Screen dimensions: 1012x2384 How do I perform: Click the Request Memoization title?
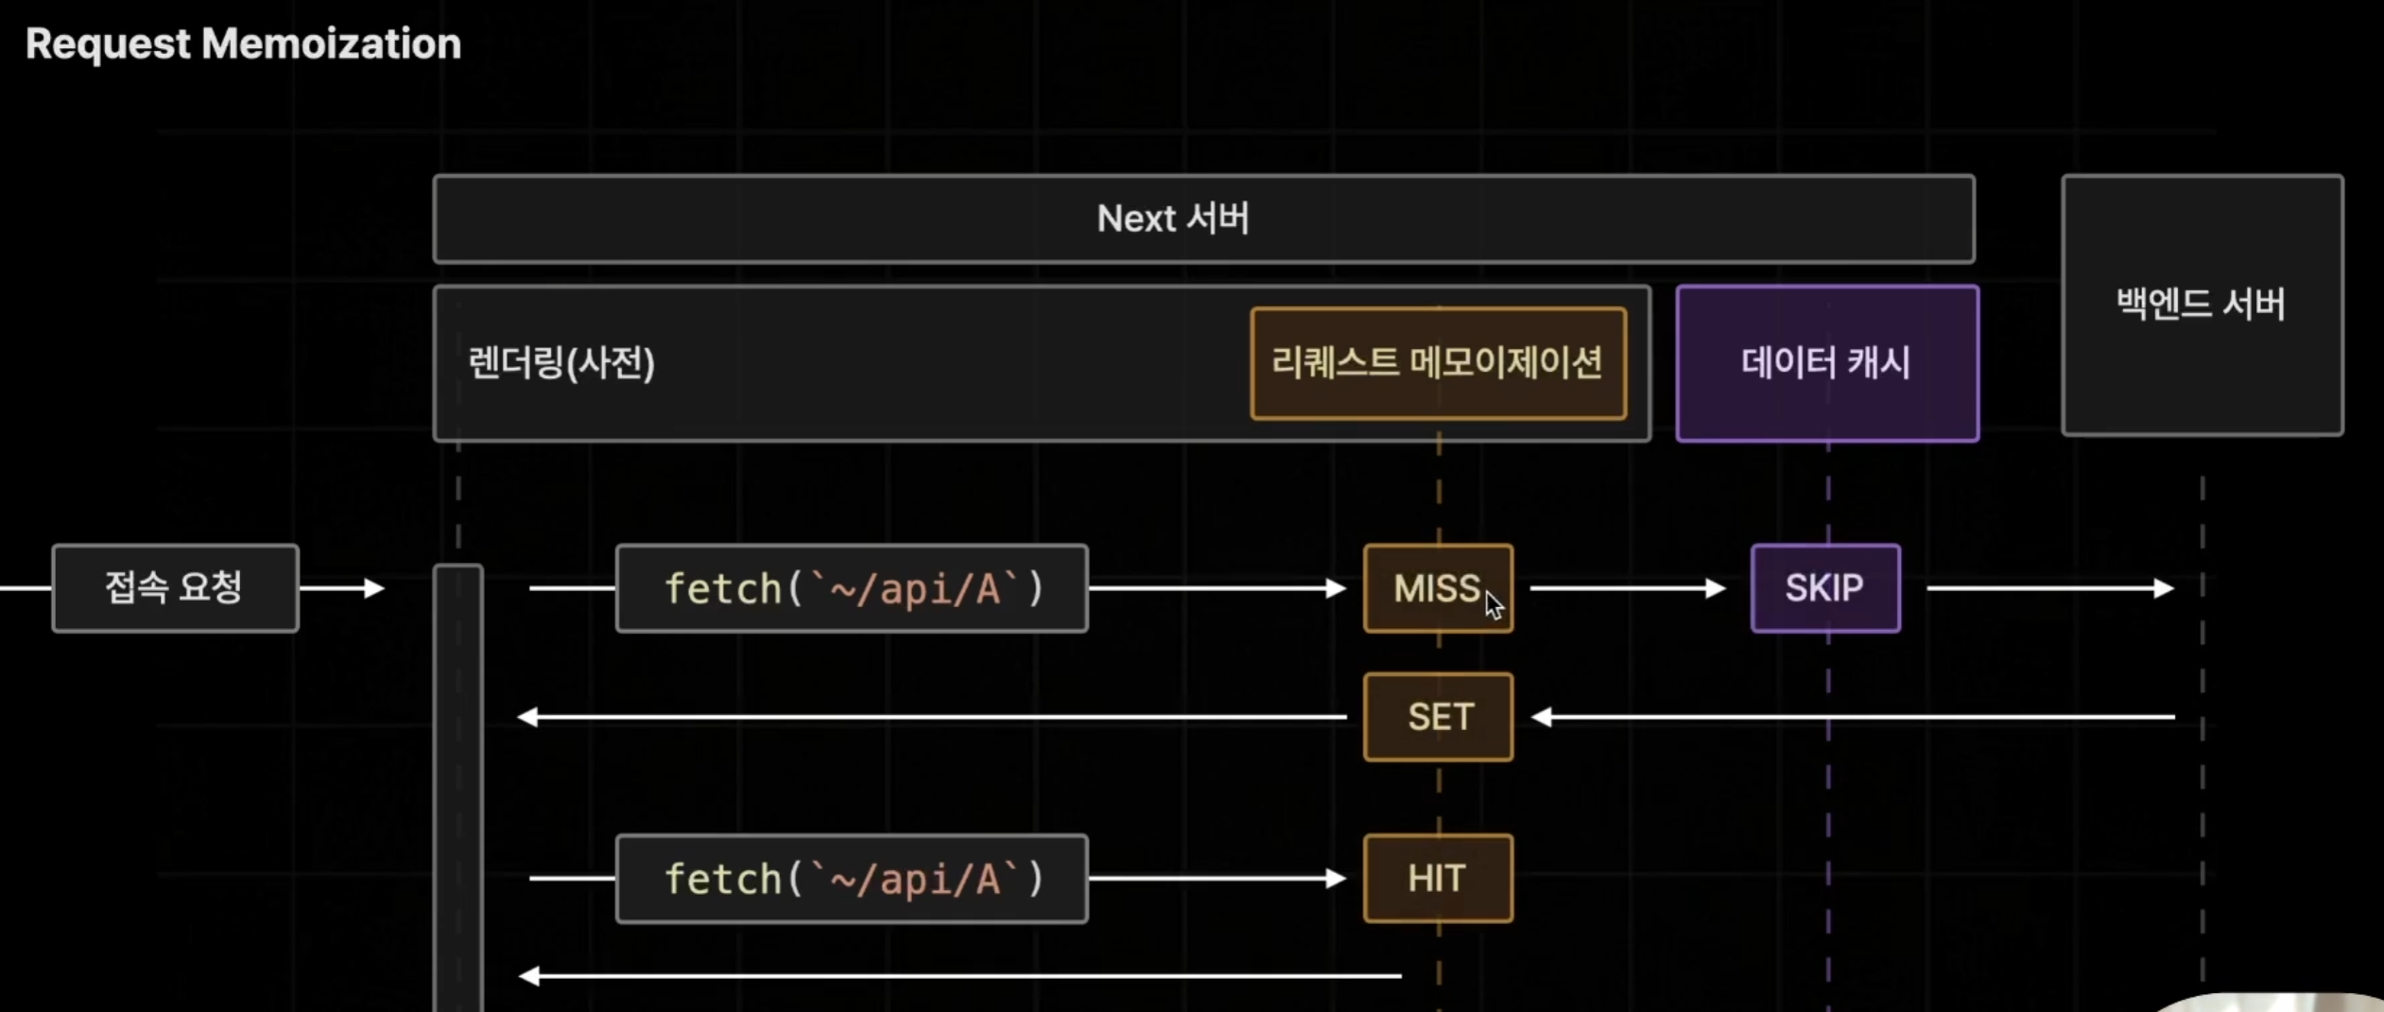[243, 44]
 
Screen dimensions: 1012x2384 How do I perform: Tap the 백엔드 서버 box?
[2202, 305]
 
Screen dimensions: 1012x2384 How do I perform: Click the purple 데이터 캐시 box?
[1826, 363]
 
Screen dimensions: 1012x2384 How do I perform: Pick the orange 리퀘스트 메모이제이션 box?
[1437, 363]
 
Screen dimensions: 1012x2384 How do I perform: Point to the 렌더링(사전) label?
[561, 363]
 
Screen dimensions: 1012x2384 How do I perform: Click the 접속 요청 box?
[175, 588]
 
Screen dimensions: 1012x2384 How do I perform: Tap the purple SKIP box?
[1824, 588]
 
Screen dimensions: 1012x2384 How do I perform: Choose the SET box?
[1438, 717]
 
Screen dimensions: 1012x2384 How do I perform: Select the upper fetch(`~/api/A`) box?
[852, 588]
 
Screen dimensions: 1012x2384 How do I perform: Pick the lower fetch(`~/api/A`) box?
[852, 879]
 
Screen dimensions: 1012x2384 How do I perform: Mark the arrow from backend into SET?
[1853, 717]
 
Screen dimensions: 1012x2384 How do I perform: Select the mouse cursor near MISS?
[1494, 605]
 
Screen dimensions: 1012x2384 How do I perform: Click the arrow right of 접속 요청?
[342, 588]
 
